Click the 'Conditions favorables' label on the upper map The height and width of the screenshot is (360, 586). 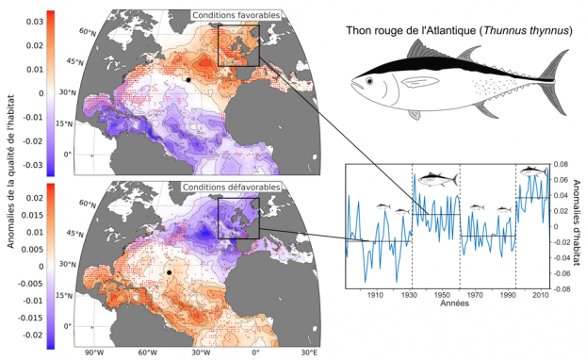(236, 15)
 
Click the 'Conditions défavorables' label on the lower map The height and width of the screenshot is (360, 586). (231, 187)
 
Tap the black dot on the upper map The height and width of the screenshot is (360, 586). (188, 79)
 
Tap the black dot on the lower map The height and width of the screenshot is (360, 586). (169, 272)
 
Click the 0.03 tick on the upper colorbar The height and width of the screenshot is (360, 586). (34, 22)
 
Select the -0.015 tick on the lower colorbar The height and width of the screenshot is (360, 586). (30, 318)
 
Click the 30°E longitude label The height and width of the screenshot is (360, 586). (310, 352)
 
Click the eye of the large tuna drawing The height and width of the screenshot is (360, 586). (369, 81)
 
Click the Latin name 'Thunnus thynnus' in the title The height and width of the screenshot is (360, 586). (527, 31)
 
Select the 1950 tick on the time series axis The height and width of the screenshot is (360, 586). (442, 295)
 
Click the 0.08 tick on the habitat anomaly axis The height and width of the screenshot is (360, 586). (561, 164)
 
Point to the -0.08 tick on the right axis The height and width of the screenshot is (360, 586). (560, 289)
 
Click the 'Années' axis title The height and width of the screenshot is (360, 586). (454, 303)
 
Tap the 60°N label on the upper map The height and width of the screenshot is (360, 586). (88, 32)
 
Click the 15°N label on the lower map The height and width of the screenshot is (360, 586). (64, 295)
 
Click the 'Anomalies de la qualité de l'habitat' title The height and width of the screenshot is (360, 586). (11, 172)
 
